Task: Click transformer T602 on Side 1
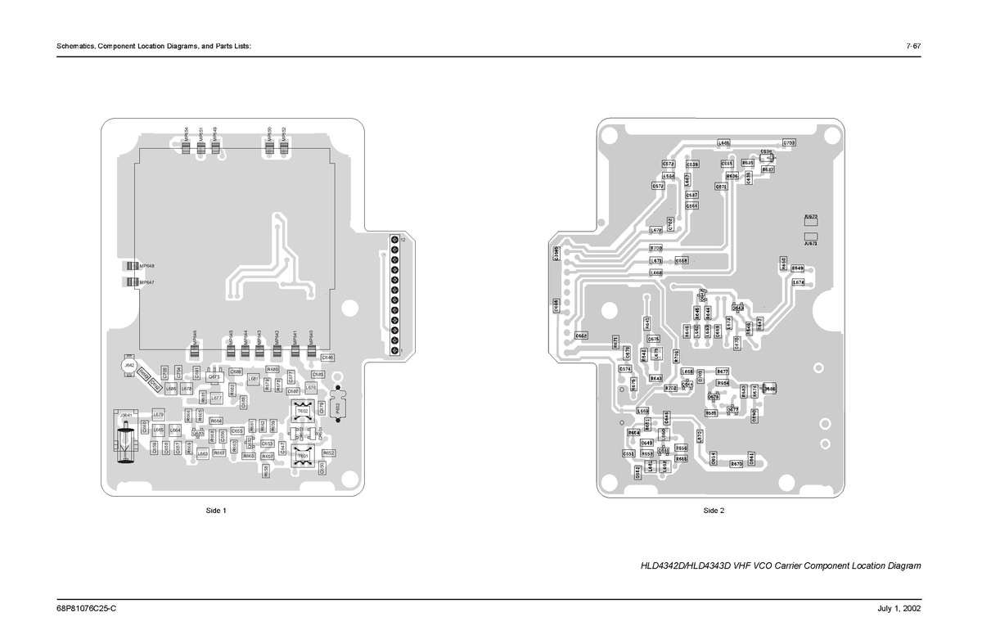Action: coord(302,411)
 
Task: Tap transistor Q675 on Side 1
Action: coord(214,377)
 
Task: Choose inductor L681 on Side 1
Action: coord(254,379)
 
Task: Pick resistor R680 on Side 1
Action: coord(273,370)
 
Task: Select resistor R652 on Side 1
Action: coord(329,453)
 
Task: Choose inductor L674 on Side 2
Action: coord(799,282)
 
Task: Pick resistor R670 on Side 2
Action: coord(736,464)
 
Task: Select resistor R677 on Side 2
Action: coord(722,372)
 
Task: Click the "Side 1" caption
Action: coord(214,511)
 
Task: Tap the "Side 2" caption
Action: coord(714,511)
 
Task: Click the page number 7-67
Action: coord(913,46)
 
